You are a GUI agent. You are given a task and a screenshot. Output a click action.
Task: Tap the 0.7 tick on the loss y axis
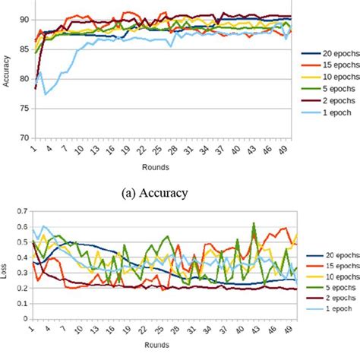[x=21, y=210]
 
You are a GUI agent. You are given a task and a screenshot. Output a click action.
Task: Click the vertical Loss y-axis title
[x=7, y=266]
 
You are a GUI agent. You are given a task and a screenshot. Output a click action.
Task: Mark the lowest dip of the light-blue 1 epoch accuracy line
[x=46, y=94]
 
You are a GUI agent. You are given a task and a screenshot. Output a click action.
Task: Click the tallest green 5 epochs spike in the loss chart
[x=254, y=223]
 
